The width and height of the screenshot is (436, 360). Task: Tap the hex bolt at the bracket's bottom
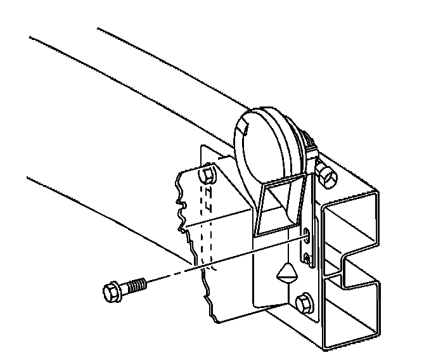(304, 304)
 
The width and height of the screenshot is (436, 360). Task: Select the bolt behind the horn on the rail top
(326, 176)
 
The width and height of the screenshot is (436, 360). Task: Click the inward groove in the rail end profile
(345, 266)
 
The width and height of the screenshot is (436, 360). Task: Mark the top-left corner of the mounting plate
(202, 147)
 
